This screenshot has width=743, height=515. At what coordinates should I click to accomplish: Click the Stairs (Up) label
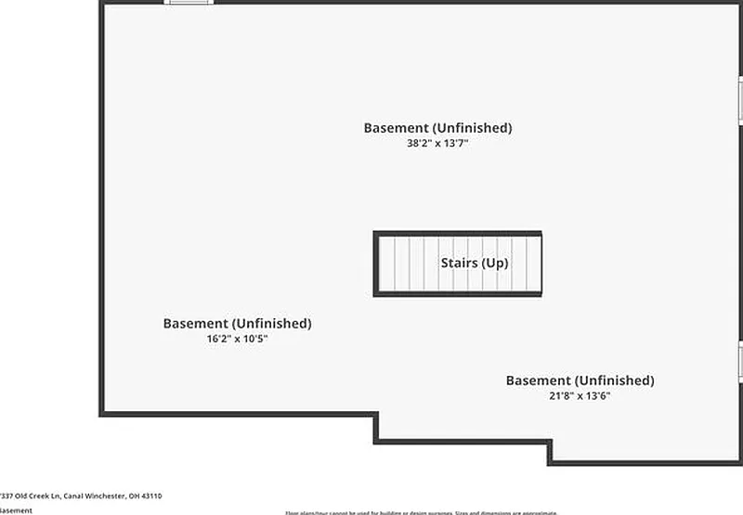coord(474,264)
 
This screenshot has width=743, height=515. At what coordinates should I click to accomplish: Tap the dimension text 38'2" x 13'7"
coord(437,144)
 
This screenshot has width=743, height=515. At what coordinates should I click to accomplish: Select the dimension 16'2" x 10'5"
coord(237,340)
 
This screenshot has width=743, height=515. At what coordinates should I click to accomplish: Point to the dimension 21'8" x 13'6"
coord(580,396)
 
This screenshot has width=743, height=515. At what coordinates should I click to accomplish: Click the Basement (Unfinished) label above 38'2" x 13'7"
coord(437,128)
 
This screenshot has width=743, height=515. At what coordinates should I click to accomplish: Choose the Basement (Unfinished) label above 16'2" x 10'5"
coord(237,324)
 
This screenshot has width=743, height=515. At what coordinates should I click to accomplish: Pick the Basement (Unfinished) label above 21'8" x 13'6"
coord(580,380)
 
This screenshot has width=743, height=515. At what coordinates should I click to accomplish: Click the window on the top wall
coord(189,3)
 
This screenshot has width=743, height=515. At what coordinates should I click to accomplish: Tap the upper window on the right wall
coord(740,97)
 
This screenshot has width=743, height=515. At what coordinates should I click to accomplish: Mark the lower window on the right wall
coord(740,362)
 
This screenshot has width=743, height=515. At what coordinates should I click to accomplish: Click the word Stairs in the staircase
coord(459,264)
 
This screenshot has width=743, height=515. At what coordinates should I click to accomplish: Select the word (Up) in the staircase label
coord(494,264)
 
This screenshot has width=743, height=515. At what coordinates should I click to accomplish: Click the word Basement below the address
coord(15,510)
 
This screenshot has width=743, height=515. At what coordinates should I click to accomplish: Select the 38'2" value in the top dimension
coord(410,144)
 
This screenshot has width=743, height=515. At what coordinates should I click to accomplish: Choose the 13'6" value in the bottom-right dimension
coord(596,396)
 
